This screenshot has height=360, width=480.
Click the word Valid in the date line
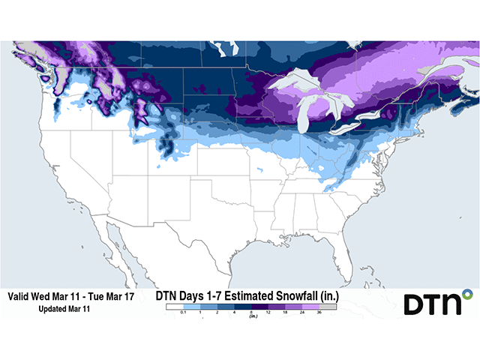20,297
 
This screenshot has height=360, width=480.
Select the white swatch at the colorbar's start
173,306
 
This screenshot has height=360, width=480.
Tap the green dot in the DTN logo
467,292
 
